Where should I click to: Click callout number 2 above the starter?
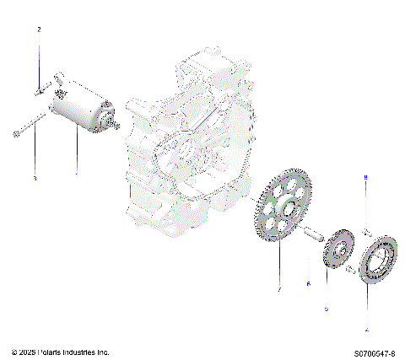click(38, 30)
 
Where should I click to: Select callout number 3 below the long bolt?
click(35, 178)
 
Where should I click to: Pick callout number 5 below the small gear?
click(327, 309)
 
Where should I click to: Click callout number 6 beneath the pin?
click(309, 283)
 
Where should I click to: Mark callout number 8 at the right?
click(365, 179)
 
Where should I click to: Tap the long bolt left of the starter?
click(27, 129)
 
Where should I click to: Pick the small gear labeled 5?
click(338, 250)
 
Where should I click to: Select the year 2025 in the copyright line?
click(27, 351)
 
